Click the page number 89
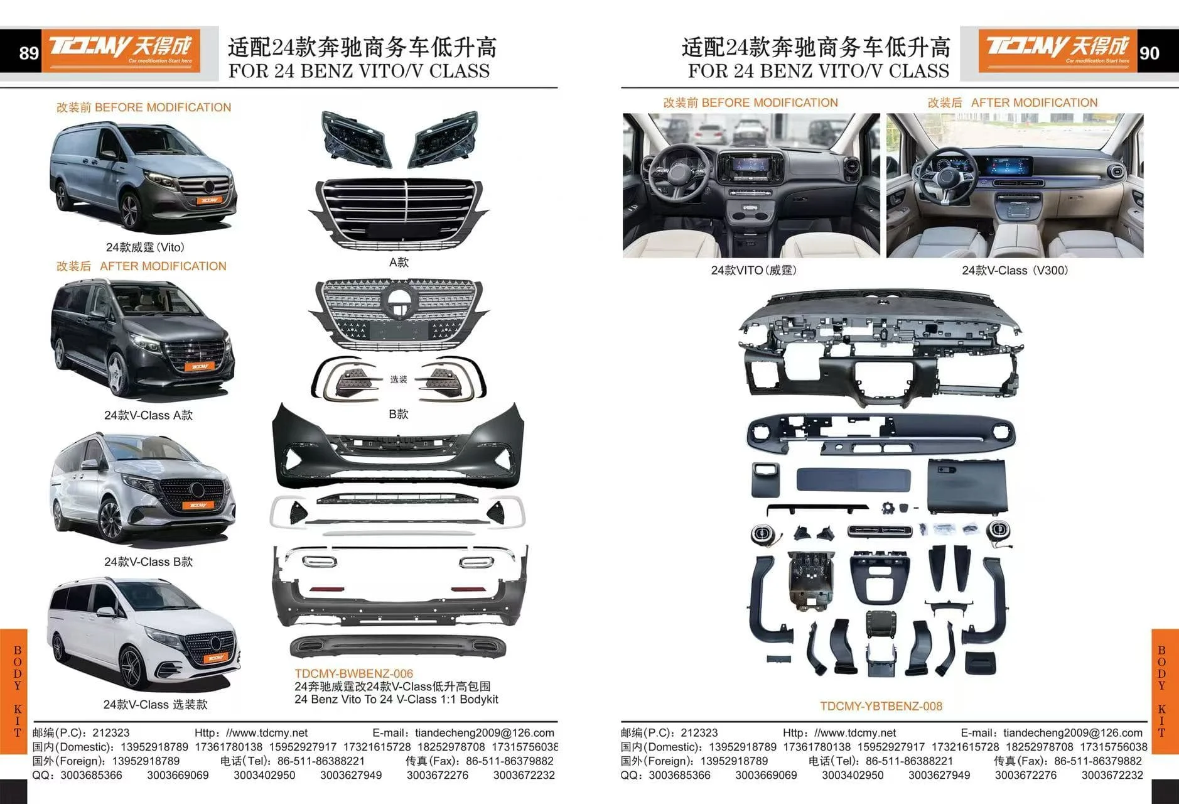[x=29, y=53]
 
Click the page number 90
[x=1149, y=53]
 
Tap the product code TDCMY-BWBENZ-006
[x=354, y=674]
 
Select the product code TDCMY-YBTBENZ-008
[x=881, y=706]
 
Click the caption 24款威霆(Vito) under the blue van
[x=145, y=247]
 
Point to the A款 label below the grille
[x=399, y=263]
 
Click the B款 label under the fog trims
[x=399, y=414]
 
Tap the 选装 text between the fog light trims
[x=399, y=379]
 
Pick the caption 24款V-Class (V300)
[x=1015, y=271]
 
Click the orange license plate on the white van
[x=215, y=658]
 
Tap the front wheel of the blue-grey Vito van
[x=130, y=211]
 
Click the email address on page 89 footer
[x=484, y=733]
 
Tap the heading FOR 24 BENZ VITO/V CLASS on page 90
[x=818, y=70]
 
